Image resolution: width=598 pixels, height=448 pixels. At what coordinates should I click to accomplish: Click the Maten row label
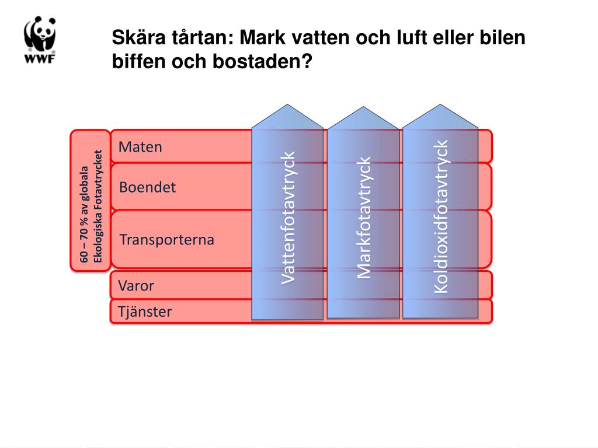click(x=140, y=146)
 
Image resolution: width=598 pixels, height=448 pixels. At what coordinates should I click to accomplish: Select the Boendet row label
click(x=147, y=187)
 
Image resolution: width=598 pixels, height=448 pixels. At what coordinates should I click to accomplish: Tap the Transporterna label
click(x=166, y=239)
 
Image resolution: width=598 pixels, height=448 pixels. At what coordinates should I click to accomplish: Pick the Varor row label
click(x=136, y=286)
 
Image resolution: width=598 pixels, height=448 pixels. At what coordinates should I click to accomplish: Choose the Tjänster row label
click(x=145, y=311)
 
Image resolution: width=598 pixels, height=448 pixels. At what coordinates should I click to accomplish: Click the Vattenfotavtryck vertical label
click(x=288, y=218)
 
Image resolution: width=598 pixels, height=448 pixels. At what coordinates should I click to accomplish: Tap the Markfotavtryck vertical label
click(x=364, y=217)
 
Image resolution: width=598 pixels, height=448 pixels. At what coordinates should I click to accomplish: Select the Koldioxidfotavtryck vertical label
click(x=440, y=216)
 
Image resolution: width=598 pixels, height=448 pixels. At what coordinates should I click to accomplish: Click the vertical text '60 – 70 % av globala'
click(x=85, y=216)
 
